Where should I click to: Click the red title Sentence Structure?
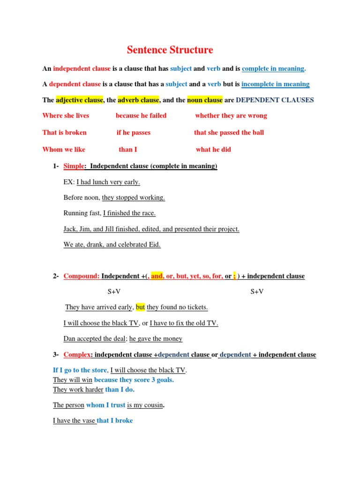[170, 50]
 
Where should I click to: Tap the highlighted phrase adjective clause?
[79, 100]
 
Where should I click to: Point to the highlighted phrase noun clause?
[205, 100]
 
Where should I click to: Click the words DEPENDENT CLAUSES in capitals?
[275, 100]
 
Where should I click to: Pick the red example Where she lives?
[66, 115]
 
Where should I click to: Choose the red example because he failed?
[141, 115]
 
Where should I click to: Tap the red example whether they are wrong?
[231, 115]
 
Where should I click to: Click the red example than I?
[128, 150]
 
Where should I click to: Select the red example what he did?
[213, 150]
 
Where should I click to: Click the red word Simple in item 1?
[73, 166]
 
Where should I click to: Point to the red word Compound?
[81, 276]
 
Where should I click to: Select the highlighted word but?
[141, 307]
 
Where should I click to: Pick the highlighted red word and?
[157, 276]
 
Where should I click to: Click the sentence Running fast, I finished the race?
[109, 213]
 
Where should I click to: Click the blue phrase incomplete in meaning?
[276, 84]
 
